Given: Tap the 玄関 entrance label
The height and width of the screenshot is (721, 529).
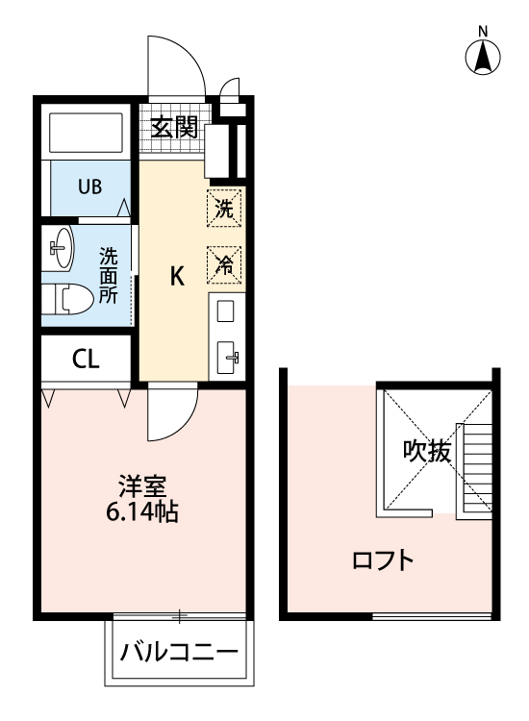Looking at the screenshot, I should click(173, 126).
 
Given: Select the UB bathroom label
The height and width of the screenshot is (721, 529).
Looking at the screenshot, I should click(89, 186).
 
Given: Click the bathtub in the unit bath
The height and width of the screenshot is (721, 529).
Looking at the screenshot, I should click(85, 134).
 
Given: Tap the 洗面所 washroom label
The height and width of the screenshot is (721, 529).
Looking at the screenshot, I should click(109, 276).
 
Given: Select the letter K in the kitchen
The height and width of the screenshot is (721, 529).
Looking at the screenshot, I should click(177, 277).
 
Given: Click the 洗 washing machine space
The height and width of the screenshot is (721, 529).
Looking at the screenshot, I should click(224, 207).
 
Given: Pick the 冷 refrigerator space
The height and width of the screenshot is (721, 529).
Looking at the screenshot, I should click(224, 263).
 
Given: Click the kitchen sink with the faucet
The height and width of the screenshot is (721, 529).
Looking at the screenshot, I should click(230, 357).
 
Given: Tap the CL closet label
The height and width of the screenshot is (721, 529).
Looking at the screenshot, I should click(85, 360).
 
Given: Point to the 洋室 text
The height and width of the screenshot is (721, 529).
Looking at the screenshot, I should click(139, 485).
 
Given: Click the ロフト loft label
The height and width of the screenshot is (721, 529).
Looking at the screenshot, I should click(384, 559).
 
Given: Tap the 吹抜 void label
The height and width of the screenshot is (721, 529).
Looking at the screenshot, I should click(426, 450).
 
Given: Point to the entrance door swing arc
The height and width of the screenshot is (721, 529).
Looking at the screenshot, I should click(178, 67).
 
